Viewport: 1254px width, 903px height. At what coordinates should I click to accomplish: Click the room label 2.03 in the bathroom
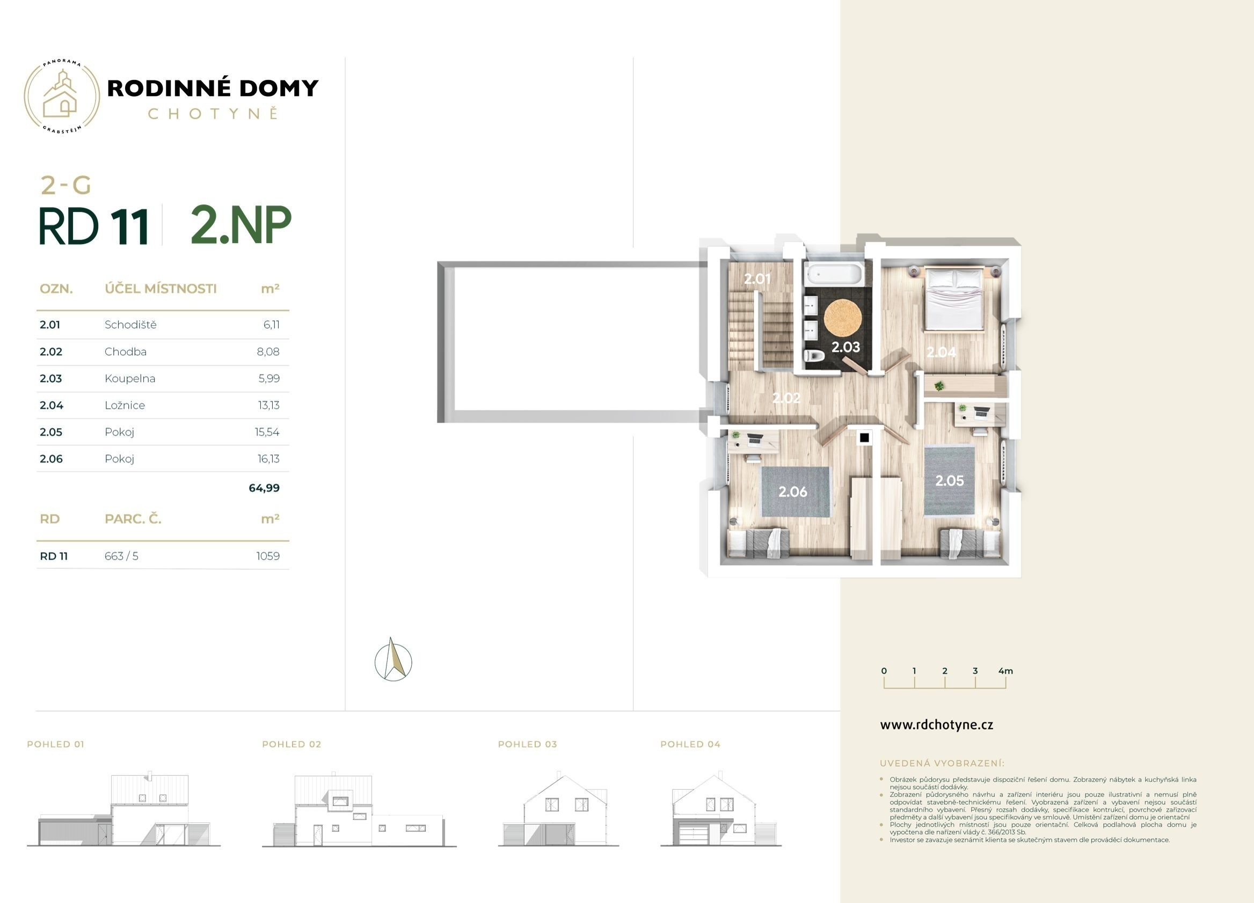coord(845,347)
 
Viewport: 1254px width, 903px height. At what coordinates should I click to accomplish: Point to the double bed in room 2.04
coord(954,298)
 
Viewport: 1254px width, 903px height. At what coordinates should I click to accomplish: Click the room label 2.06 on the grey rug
coord(793,491)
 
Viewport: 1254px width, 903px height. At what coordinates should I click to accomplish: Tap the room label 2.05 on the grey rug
coord(949,481)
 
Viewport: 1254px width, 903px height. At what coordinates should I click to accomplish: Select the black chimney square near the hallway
coord(864,438)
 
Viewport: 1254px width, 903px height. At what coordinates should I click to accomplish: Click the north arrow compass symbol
coord(393,659)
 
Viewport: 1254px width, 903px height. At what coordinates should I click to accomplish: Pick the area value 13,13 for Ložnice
coord(269,405)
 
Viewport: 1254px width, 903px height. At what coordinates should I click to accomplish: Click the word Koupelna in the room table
coord(130,379)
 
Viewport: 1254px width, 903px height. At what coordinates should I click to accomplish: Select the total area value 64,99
coord(264,488)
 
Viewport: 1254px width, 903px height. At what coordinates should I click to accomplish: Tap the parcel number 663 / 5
coord(122,556)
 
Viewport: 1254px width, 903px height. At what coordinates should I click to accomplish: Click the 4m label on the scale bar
coord(1006,671)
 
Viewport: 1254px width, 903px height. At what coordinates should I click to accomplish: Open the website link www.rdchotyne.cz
coord(937,725)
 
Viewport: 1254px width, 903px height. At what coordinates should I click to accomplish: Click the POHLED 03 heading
coord(528,744)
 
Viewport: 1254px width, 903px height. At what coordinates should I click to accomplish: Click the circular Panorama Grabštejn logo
coord(62,97)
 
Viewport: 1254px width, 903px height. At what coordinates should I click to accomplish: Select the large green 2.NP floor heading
coord(241,224)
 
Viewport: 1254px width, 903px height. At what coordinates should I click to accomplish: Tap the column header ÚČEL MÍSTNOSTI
coord(161,289)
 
